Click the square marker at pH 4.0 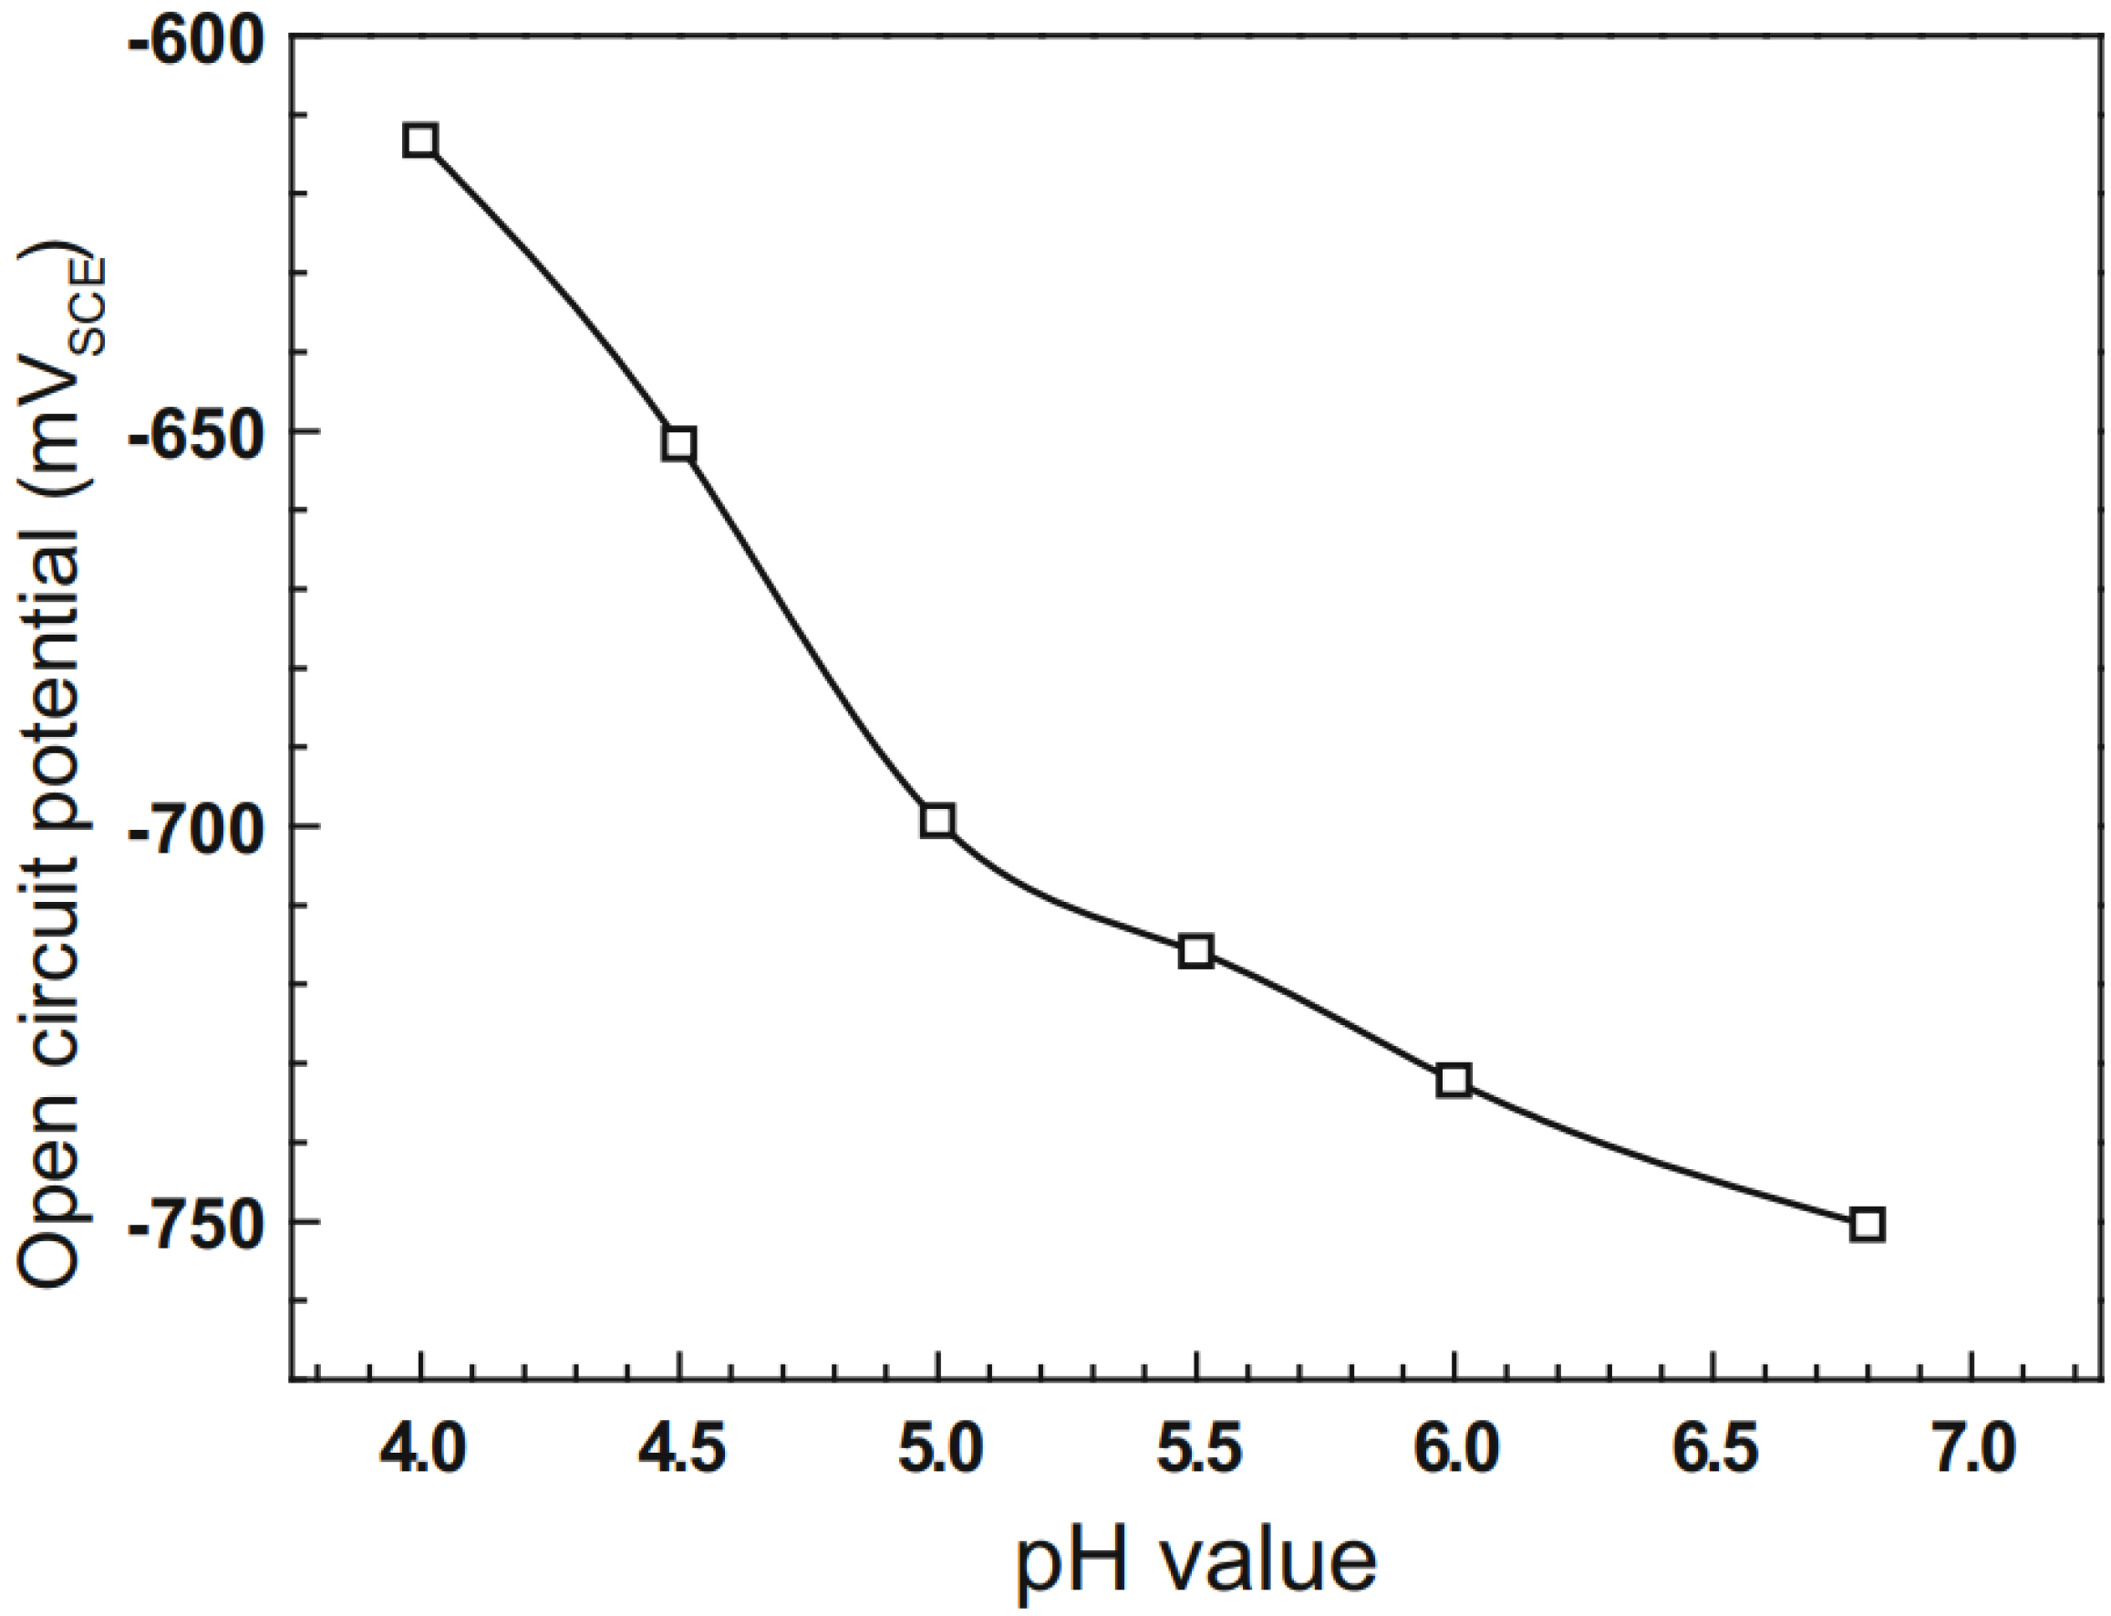tap(420, 140)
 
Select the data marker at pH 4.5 tap(679, 443)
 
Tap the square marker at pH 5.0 tap(936, 821)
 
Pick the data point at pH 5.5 tap(1195, 950)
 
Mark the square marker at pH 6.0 tap(1454, 1080)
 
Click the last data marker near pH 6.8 tap(1867, 1225)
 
